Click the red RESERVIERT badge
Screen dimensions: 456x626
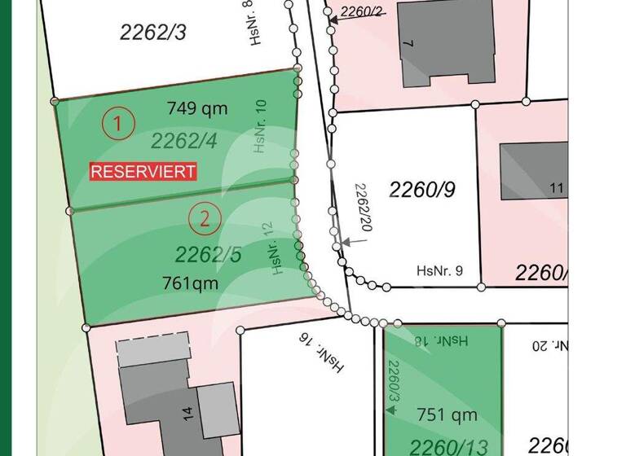coord(143,172)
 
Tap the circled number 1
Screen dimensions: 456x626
coord(119,125)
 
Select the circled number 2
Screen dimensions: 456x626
coord(205,217)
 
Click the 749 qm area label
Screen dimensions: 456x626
coord(197,108)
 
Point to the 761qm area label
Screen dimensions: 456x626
coord(190,283)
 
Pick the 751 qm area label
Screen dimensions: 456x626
coord(447,415)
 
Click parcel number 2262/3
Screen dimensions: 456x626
coord(153,32)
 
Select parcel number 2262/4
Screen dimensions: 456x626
coord(184,141)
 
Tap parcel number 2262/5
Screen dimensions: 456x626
coord(209,255)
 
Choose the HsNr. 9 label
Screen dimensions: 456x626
coord(439,271)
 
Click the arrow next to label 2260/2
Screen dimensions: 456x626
coord(334,15)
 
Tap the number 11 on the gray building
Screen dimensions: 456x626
coord(558,189)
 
